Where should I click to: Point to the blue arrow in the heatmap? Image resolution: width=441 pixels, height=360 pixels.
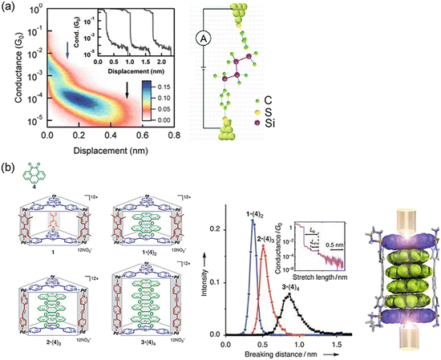point(67,51)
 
